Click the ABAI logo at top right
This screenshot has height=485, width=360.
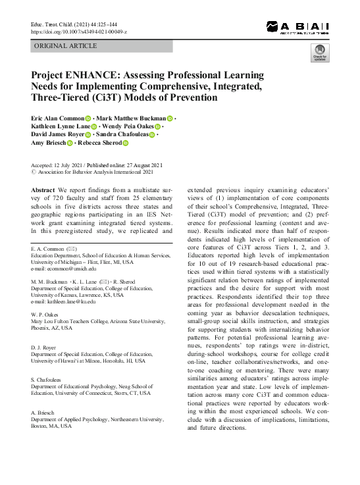[297, 27]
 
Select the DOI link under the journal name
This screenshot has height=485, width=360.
[79, 31]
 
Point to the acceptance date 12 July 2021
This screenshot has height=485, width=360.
[70, 165]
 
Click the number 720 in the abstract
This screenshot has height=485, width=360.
[61, 198]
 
